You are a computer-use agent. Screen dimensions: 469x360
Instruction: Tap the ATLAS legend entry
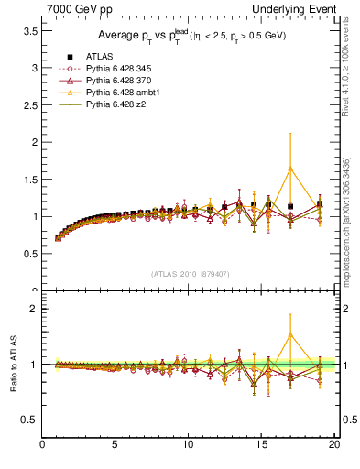tap(101, 58)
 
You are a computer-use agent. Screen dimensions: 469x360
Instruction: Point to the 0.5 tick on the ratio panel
tap(30, 420)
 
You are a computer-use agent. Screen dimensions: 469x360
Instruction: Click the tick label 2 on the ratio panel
tap(34, 309)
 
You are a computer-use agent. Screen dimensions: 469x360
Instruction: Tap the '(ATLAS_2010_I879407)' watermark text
tap(191, 273)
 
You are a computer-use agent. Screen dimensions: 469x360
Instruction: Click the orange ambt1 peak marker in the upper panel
tap(290, 169)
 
